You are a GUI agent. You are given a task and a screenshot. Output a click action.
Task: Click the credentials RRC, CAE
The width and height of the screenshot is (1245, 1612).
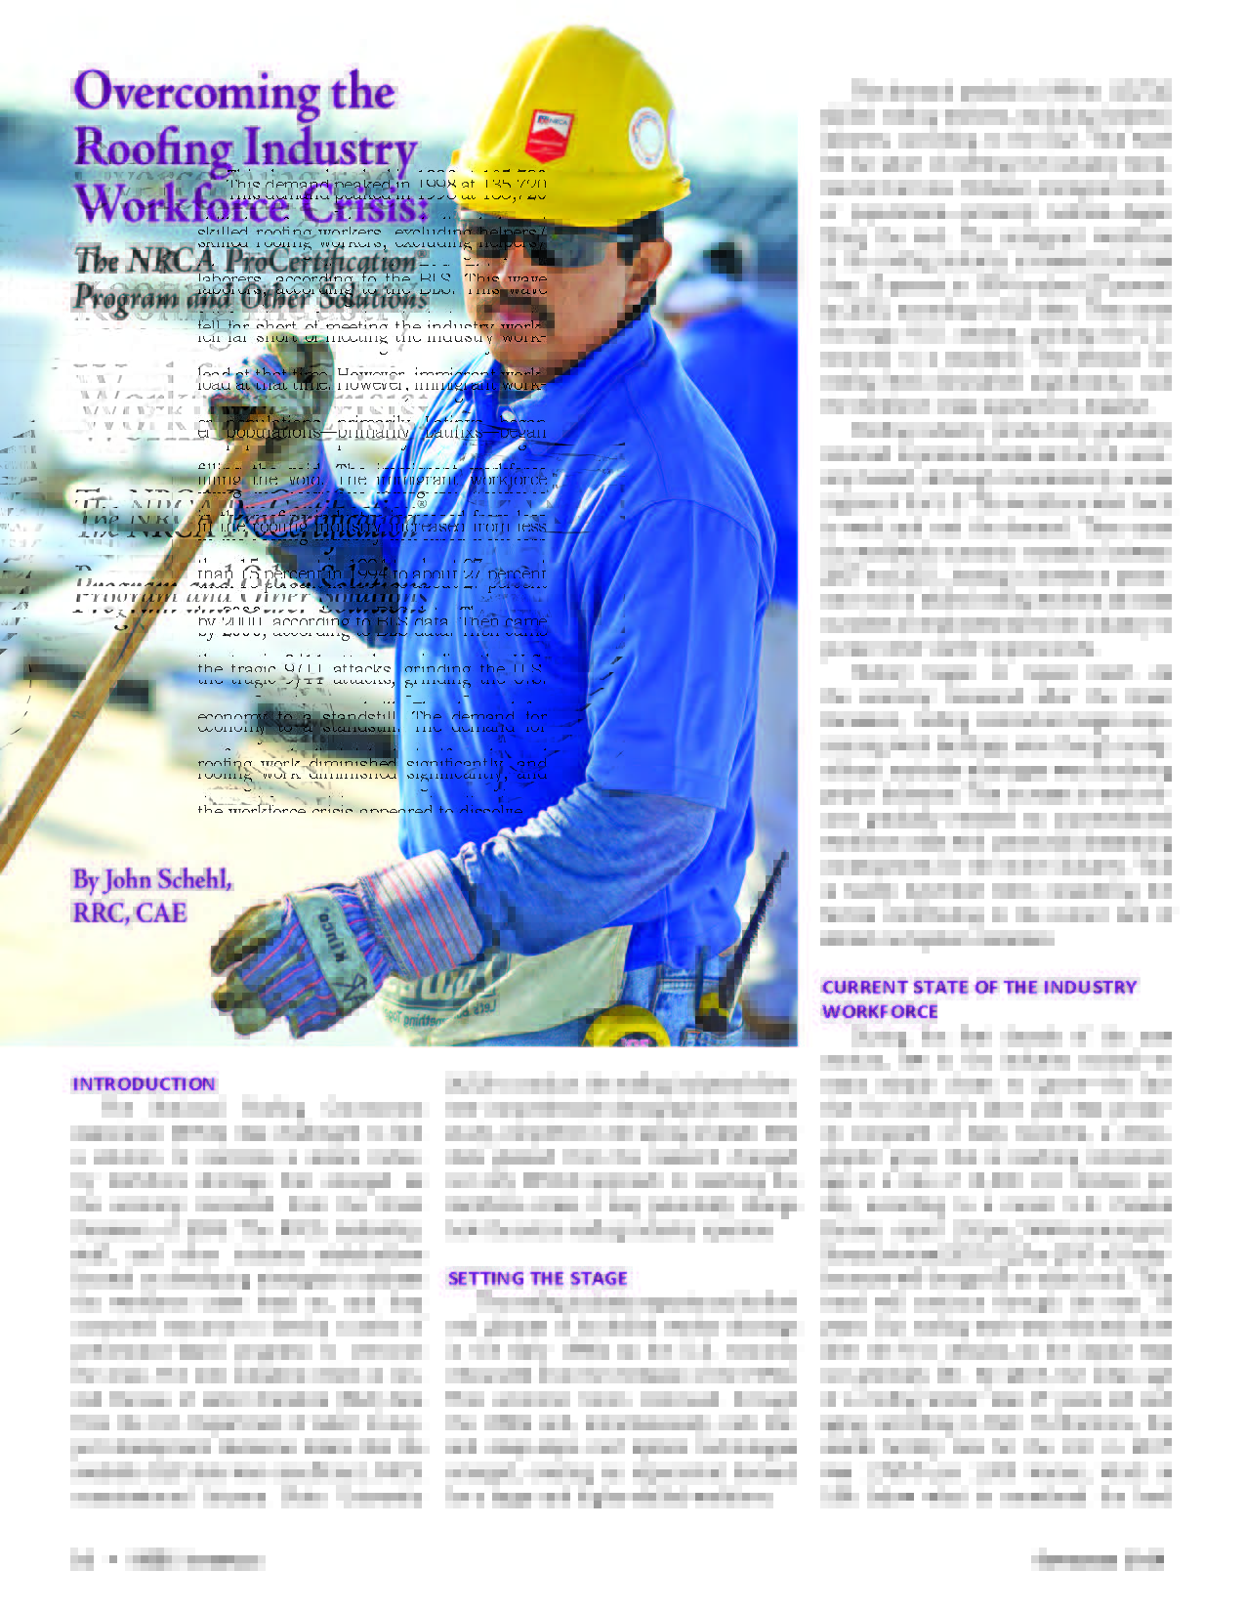click(129, 912)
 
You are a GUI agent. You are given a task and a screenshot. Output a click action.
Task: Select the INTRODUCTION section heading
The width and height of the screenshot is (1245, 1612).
click(144, 1083)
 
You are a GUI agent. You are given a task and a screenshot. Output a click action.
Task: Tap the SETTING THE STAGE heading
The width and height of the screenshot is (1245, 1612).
click(537, 1278)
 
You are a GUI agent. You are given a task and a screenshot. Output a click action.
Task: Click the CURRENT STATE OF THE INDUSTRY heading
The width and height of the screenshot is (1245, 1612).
click(978, 988)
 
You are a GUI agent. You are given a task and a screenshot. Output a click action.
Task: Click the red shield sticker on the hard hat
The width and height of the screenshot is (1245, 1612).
click(550, 135)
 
